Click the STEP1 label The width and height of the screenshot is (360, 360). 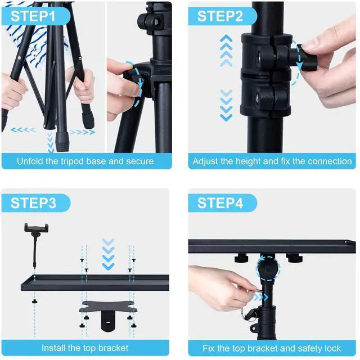coord(33,16)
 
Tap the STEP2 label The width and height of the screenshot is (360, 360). coord(220,16)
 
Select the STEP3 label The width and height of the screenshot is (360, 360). coord(33,203)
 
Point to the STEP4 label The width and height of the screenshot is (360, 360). coord(220,203)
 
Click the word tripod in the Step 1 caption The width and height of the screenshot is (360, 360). coord(72,161)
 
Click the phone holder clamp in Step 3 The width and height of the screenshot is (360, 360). coord(36,228)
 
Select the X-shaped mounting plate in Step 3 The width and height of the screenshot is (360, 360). coord(108,307)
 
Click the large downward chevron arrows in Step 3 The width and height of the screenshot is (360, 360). coord(108,254)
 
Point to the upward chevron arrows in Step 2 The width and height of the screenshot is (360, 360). coord(226,51)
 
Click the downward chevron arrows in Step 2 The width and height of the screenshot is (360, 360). coord(226,105)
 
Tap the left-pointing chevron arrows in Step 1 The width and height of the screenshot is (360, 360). coord(23,130)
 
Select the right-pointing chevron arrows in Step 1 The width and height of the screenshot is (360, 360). coord(83,132)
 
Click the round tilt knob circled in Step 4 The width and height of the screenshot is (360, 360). coord(268,269)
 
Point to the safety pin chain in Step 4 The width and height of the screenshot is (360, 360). coord(242,313)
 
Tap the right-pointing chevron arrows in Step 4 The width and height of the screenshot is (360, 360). coord(260,298)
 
